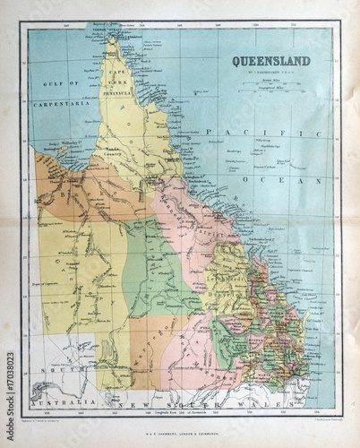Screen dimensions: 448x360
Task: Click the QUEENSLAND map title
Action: pos(271,61)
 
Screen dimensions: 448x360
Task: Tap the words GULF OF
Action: pos(56,83)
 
